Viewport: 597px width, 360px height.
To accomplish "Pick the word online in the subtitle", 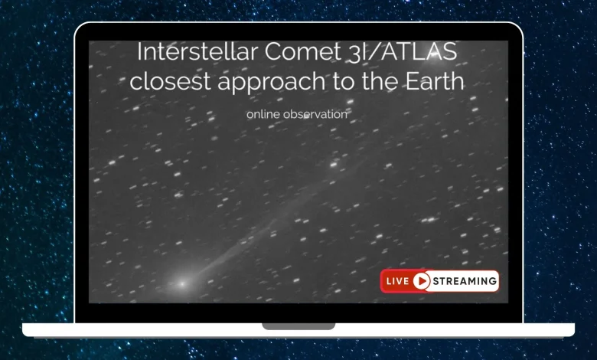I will [x=263, y=114].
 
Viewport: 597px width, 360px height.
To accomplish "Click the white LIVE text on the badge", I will [x=397, y=281].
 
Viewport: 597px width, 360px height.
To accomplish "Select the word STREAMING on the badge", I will [x=465, y=281].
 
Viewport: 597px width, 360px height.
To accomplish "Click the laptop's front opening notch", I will [x=298, y=326].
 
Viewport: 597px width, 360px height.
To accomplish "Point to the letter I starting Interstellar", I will [x=140, y=53].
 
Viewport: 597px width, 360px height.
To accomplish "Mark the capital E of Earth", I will [x=409, y=80].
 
